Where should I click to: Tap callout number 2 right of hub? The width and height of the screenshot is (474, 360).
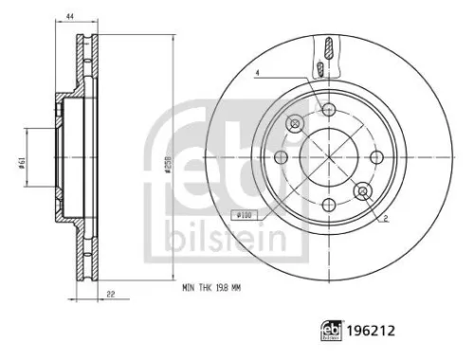point(385,219)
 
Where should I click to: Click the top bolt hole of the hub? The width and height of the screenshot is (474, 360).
point(328,109)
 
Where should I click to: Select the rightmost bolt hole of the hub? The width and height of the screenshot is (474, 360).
point(376,156)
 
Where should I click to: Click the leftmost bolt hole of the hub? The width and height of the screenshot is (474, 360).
point(281,157)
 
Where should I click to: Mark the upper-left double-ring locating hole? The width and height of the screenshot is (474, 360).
point(295,123)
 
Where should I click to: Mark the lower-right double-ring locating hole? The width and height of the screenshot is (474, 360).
point(362,191)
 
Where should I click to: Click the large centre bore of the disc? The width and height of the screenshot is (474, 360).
point(328,157)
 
